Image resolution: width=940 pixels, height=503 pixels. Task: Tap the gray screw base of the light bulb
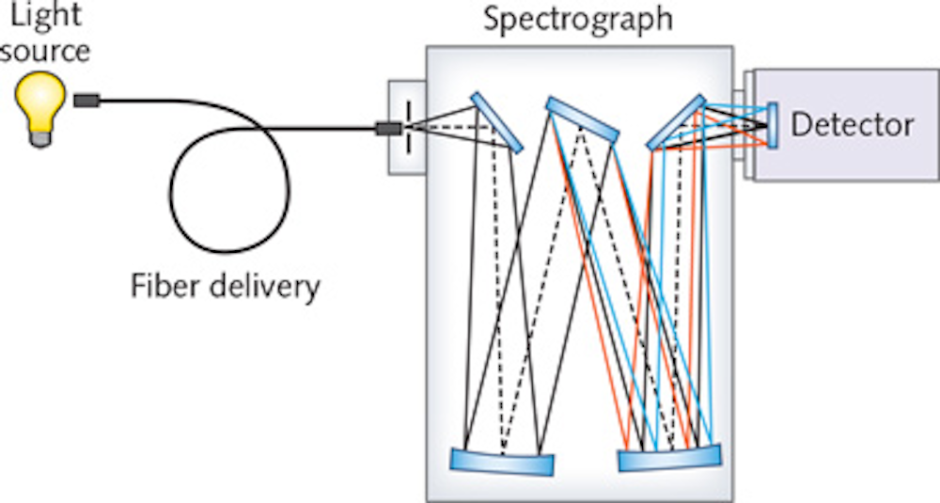pos(40,137)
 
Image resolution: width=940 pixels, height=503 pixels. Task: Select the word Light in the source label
pos(45,16)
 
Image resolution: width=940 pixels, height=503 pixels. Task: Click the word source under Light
pos(45,49)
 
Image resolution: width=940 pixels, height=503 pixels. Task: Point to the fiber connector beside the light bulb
pos(87,99)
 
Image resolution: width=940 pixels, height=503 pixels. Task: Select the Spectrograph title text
pos(577,19)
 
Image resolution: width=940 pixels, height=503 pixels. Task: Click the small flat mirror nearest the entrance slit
pos(498,121)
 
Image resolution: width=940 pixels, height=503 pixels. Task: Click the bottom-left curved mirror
pos(502,462)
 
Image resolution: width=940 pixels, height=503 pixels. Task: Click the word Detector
pos(852,125)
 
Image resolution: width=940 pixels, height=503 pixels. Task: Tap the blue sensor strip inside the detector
pos(772,125)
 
